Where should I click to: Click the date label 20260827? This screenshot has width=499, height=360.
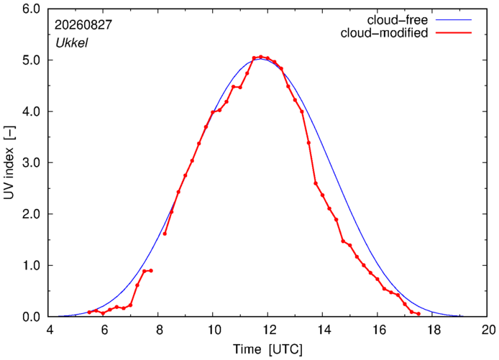(83, 25)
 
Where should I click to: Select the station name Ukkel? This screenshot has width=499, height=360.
(72, 43)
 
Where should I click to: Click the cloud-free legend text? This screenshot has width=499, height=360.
(398, 20)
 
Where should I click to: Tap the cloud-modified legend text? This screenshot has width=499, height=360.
(384, 33)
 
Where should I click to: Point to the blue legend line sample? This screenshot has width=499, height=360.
(454, 19)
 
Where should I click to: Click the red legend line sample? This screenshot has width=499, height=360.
(454, 32)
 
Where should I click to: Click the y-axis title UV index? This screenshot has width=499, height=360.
(9, 162)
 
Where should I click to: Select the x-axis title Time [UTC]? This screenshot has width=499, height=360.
(267, 349)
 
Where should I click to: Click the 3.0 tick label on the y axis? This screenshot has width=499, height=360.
(31, 162)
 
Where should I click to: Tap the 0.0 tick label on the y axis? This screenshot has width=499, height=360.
(31, 316)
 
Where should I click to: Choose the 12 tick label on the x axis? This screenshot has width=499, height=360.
(267, 330)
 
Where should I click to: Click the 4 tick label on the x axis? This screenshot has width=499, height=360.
(50, 330)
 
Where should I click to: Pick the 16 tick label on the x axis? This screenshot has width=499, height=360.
(377, 330)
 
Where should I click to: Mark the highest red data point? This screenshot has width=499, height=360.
(261, 57)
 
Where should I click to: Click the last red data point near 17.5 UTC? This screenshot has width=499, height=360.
(418, 314)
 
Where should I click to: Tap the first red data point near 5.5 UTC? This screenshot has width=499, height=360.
(89, 313)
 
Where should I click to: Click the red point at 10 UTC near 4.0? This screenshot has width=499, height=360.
(213, 112)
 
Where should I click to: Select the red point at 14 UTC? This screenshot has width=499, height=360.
(322, 195)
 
